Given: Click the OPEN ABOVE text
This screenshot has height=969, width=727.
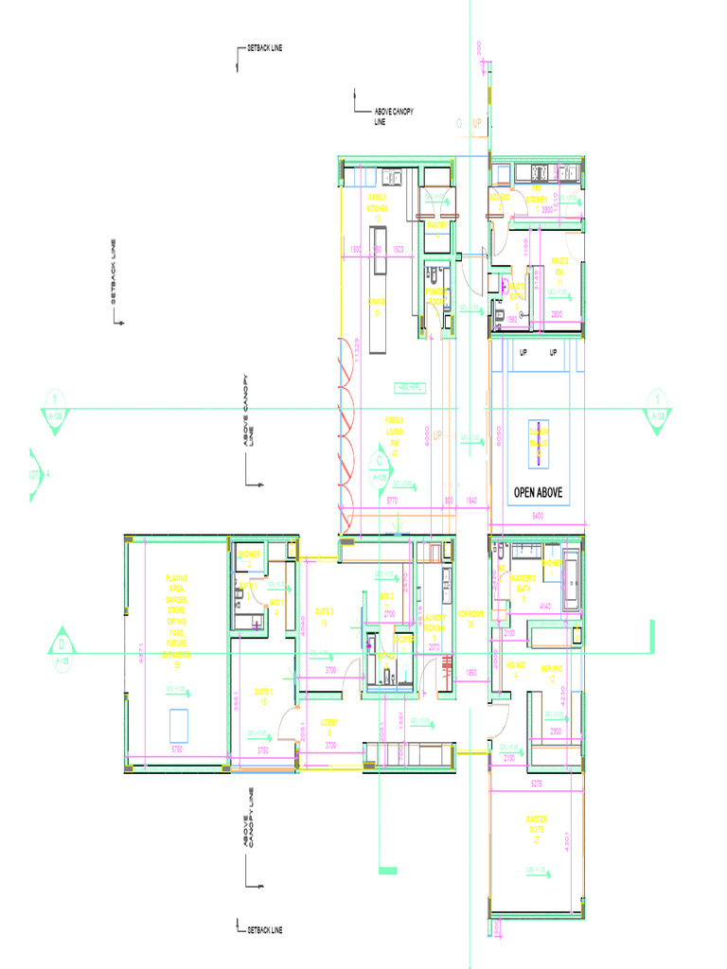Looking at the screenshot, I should pos(538,493).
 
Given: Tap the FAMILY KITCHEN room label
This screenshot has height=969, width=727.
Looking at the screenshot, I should pos(377,207).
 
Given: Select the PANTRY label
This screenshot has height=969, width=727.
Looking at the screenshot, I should pos(436,225).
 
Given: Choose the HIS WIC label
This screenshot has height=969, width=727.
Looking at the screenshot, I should pos(516,669).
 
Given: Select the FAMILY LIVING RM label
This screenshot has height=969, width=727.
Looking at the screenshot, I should pos(394,436).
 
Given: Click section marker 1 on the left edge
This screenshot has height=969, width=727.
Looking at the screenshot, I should pos(56,407).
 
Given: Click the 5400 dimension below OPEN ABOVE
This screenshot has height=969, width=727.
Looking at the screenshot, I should pos(538,517).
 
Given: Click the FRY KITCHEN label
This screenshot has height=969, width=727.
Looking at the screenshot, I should pos(537,194).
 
